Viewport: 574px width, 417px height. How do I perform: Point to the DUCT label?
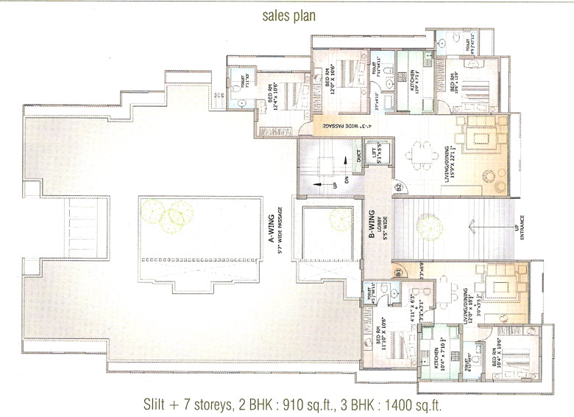[x=358, y=155]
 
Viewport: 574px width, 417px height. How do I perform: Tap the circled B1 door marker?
[x=398, y=272]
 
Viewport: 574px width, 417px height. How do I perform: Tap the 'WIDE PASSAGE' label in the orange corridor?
[x=341, y=126]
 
